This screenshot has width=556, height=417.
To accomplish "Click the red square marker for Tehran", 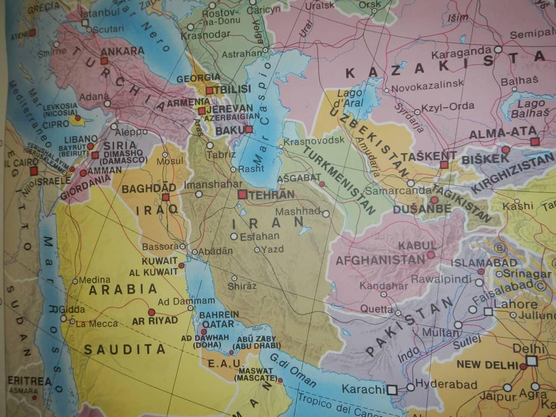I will tap(242, 195).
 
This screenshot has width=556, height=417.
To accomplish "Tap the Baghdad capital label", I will tap(149, 189).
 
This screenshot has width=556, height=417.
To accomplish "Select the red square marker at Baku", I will tap(249, 129).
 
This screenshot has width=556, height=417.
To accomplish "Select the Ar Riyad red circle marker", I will tap(152, 312).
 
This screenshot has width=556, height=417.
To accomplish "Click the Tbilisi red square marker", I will tap(210, 90).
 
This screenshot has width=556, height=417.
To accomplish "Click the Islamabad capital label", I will tap(484, 262).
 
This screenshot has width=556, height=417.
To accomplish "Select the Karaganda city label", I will tap(460, 55).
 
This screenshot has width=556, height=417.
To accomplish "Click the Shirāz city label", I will tap(242, 286).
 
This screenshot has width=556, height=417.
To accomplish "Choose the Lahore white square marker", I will tap(488, 311).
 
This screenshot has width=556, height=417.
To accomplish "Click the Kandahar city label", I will tap(384, 286).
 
